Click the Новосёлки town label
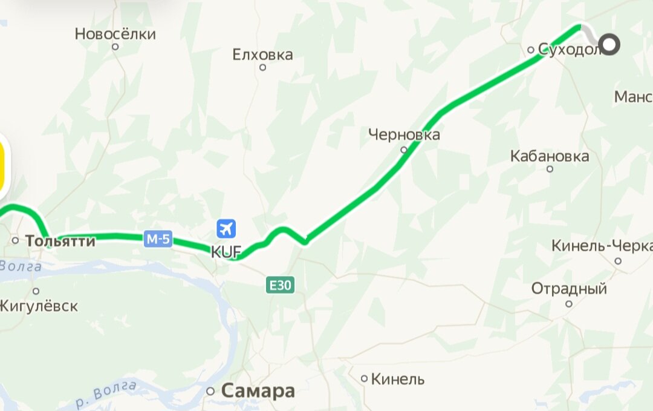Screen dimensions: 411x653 115,34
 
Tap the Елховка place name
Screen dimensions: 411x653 262,55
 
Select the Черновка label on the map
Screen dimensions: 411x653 404,134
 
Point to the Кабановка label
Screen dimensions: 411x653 550,156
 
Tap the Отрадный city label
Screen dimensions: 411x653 569,289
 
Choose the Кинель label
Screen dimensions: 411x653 397,380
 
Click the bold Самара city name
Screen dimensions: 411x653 258,391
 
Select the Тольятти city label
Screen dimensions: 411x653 60,241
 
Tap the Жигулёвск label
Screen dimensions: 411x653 39,306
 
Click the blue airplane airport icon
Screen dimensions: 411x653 227,229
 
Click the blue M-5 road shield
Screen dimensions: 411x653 158,239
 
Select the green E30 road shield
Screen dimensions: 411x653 280,285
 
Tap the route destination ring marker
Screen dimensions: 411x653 611,44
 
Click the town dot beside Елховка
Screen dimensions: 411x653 262,67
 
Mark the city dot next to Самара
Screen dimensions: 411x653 210,391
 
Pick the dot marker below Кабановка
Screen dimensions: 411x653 550,169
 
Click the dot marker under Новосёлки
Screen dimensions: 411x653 115,47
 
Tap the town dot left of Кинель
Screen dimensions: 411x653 364,379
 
